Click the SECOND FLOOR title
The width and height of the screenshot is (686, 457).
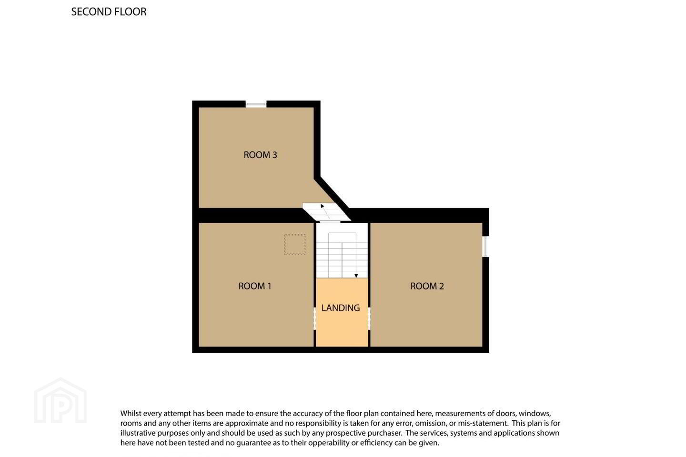[x=109, y=12]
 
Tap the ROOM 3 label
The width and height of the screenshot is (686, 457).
[x=260, y=155]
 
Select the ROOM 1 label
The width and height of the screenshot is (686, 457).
[x=255, y=286]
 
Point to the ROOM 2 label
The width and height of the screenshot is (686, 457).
[x=427, y=286]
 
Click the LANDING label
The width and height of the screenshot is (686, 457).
[x=341, y=308]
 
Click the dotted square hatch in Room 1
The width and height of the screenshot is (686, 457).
[x=295, y=244]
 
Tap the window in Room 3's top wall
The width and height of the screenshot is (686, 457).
[x=256, y=104]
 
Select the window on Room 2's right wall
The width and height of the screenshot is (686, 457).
[x=485, y=247]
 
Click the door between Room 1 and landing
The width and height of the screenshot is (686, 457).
[x=314, y=318]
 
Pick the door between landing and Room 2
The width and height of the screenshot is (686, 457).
[x=369, y=318]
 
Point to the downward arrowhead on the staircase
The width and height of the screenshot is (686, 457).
[x=356, y=276]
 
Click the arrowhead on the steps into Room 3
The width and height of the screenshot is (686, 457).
[x=322, y=206]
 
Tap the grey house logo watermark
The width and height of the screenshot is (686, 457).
[x=61, y=400]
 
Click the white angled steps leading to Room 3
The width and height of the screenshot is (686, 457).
[x=326, y=211]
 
